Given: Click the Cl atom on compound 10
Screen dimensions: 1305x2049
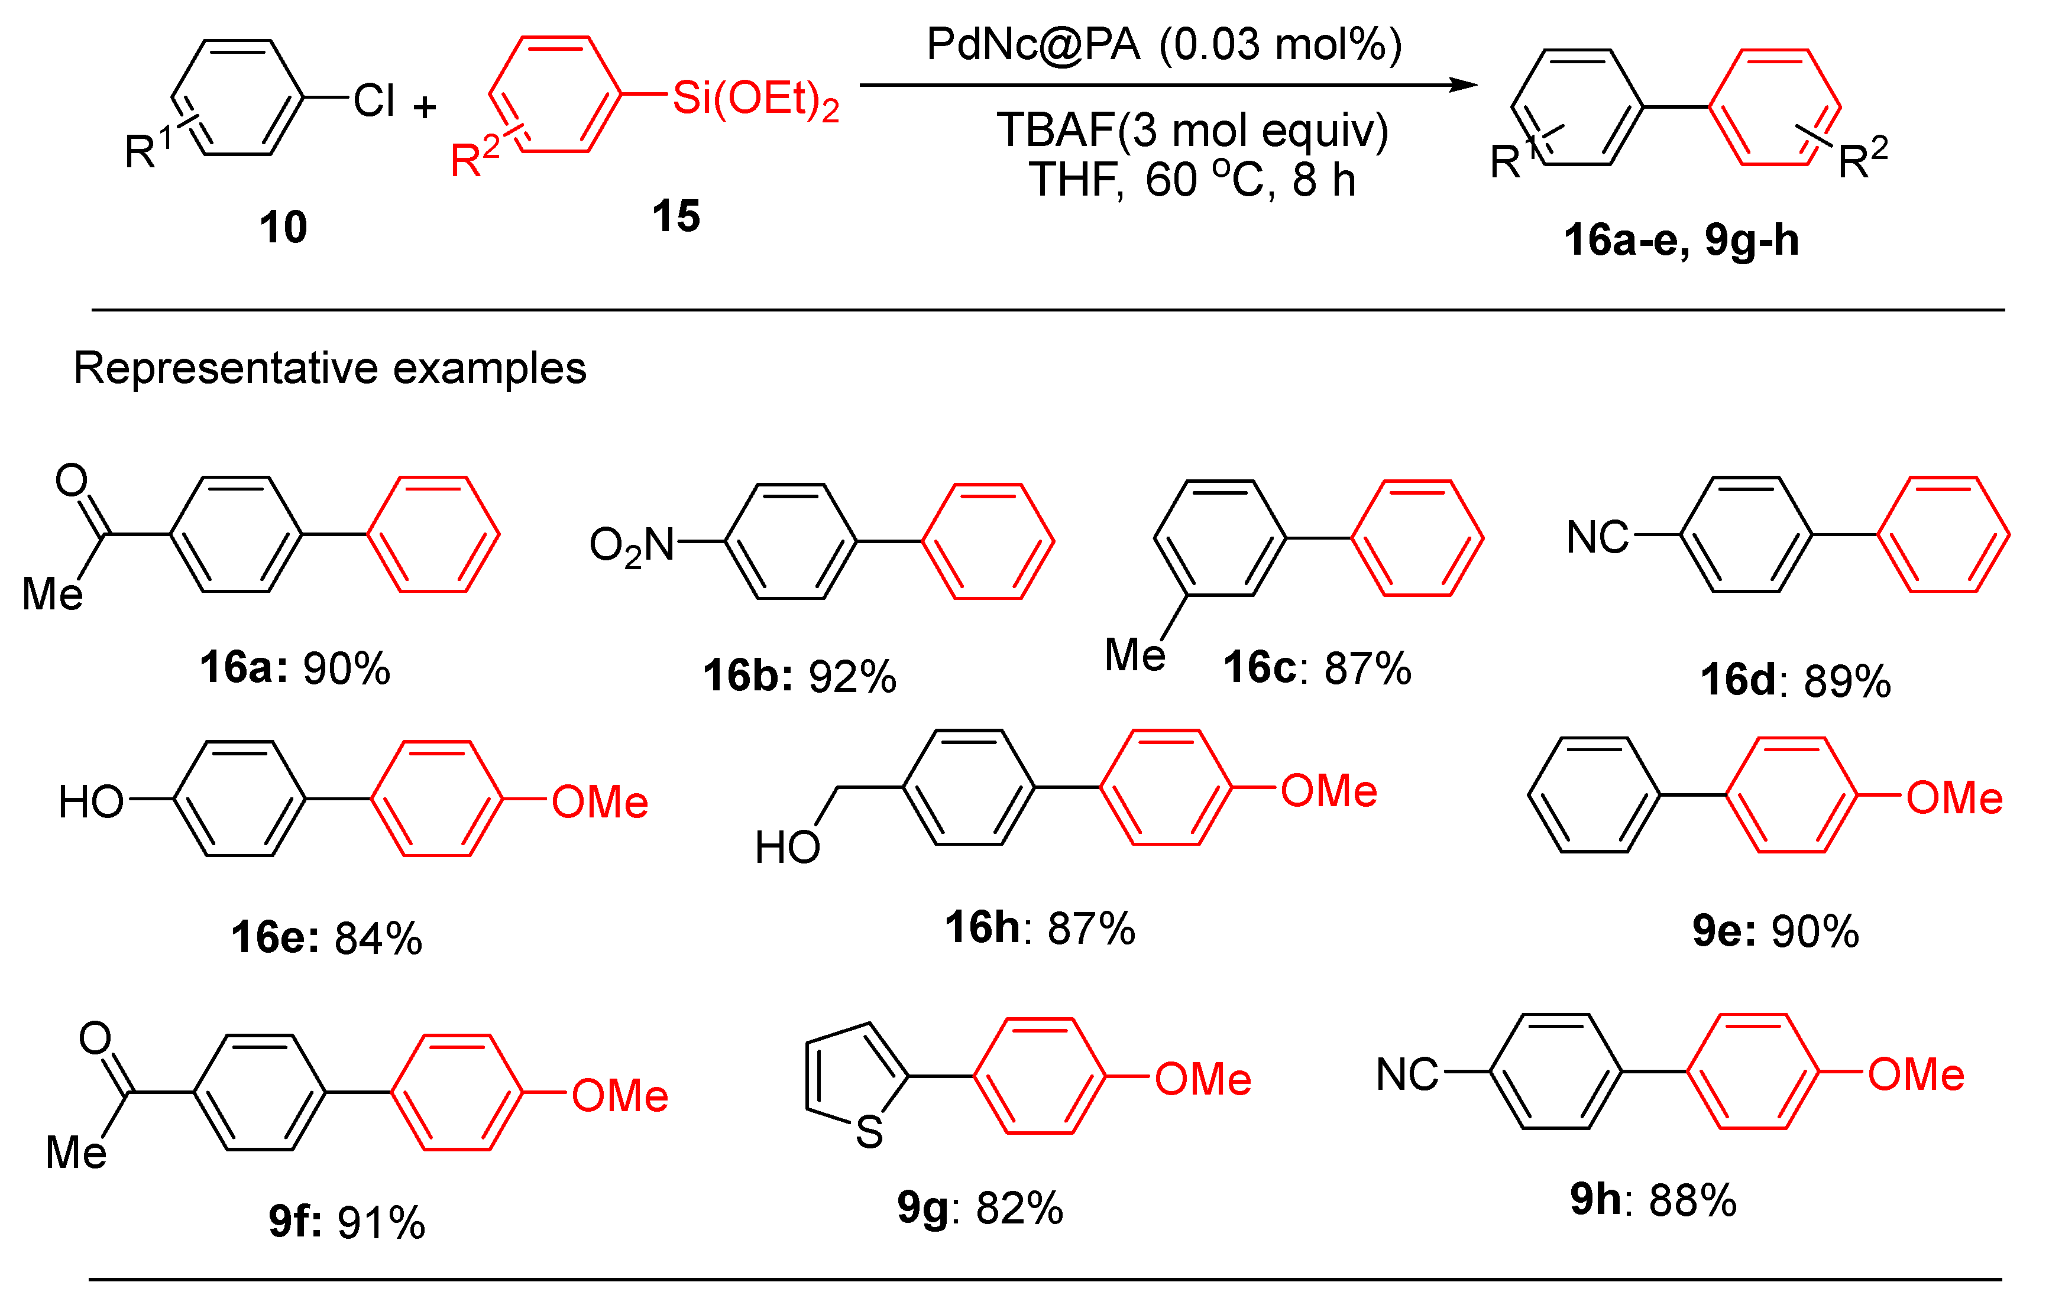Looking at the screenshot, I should pos(374,101).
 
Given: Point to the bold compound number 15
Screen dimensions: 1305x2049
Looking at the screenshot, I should pos(676,216).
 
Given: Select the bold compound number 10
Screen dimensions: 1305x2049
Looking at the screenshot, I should pos(283,228).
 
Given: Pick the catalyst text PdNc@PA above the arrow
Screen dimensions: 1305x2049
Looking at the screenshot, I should pos(1033,44).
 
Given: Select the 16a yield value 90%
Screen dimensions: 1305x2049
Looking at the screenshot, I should pos(347,668).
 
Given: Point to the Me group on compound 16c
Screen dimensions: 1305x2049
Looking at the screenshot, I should pos(1134,655).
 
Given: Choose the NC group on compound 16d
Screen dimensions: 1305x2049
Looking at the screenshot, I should pos(1597,538).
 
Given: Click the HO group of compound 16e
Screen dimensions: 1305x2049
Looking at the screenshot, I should pos(91,802).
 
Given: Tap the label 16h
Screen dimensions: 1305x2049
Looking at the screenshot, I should pos(983,927).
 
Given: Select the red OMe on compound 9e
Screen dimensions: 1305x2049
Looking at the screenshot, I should pos(1954,798).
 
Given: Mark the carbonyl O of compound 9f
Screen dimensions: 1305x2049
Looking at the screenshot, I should pos(95,1038).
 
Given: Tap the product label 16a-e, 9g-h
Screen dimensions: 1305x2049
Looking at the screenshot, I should pos(1681,241).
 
